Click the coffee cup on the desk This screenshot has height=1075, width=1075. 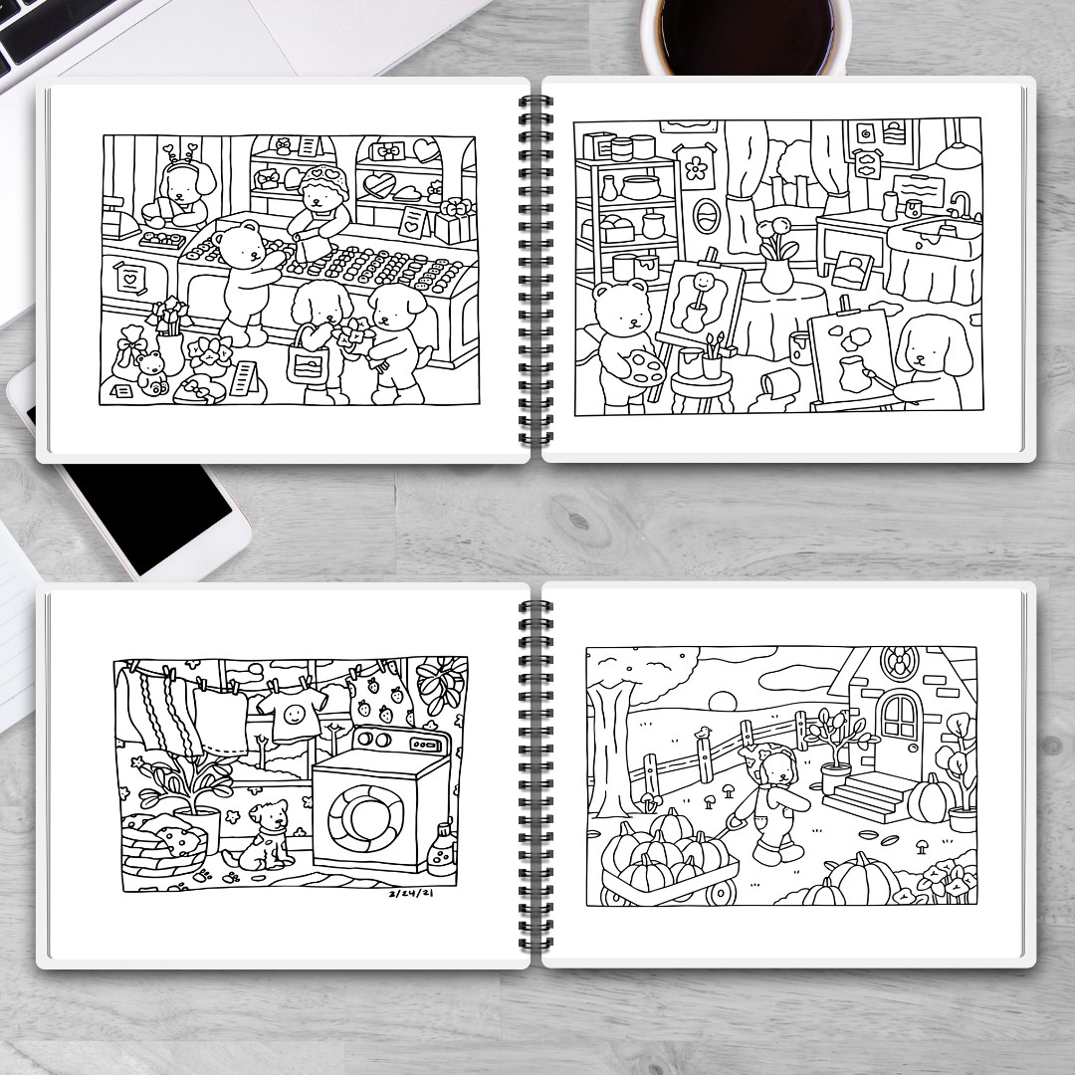[x=746, y=34]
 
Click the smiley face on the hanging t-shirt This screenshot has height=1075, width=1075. [x=294, y=715]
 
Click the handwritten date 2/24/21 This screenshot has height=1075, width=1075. [x=411, y=893]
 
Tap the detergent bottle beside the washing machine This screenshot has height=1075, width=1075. [x=442, y=849]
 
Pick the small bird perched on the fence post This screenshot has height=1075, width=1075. [x=703, y=734]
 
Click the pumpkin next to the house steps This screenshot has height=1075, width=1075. [x=930, y=798]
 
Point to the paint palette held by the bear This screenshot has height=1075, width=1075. [x=644, y=368]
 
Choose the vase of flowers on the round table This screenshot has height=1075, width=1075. [x=777, y=255]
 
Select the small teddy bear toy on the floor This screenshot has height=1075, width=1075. [x=151, y=373]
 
